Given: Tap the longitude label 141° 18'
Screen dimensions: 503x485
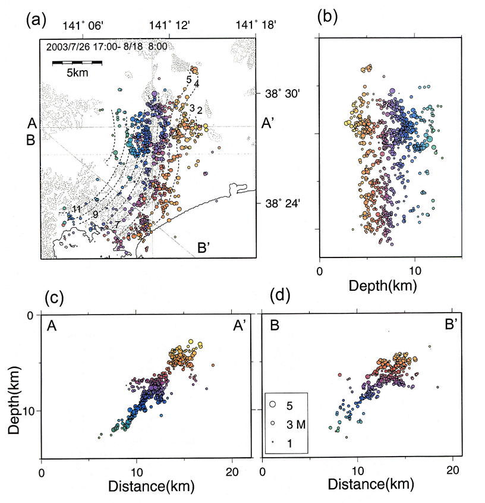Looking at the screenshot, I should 256,26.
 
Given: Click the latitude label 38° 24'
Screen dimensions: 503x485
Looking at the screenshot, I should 282,203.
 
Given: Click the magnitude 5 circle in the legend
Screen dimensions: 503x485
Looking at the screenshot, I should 273,404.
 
